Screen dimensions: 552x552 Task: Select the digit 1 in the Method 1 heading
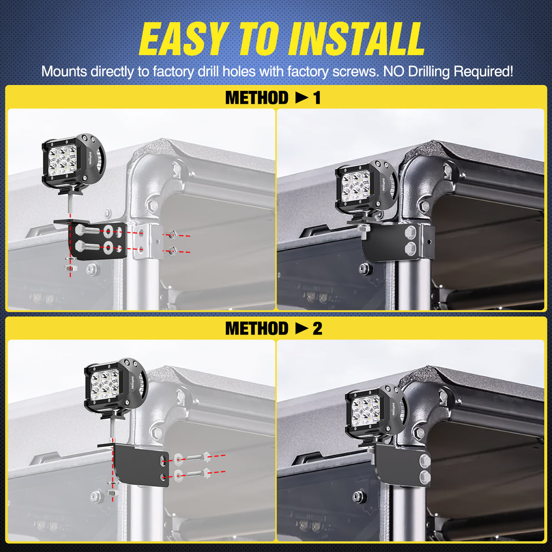316,98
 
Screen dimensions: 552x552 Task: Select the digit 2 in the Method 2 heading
317,329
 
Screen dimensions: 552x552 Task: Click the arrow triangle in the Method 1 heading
302,98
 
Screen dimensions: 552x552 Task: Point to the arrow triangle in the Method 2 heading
302,329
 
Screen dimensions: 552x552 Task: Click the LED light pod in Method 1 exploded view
74,164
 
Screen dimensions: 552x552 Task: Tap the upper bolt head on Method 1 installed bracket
411,232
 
